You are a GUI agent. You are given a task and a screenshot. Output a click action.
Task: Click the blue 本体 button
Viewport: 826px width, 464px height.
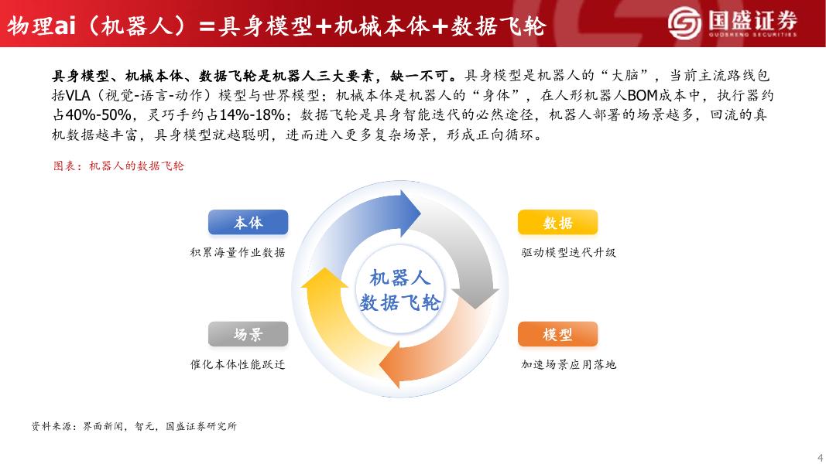click(x=248, y=222)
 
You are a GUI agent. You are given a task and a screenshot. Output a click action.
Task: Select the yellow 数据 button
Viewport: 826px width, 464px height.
click(x=558, y=222)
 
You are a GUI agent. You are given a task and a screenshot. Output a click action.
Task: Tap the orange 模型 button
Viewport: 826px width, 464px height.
click(x=558, y=334)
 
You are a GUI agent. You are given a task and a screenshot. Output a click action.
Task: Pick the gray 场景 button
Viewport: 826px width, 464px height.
click(x=248, y=334)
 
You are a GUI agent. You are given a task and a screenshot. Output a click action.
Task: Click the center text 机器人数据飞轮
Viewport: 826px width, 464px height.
click(x=399, y=290)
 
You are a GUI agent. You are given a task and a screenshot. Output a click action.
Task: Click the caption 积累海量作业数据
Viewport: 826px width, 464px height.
click(x=238, y=253)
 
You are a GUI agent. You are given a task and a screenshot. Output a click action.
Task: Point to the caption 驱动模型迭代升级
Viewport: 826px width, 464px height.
click(x=568, y=253)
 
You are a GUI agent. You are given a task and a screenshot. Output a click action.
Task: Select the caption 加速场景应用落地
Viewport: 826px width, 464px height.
click(x=568, y=364)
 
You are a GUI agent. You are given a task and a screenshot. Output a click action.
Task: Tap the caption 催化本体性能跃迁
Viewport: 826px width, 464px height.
click(x=238, y=364)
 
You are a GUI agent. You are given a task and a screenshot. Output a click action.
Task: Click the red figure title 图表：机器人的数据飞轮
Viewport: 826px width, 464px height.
click(x=118, y=165)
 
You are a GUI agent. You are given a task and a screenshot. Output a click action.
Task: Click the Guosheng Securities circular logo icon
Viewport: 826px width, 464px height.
click(x=684, y=22)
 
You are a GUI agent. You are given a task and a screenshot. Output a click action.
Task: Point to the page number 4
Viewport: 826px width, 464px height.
click(x=820, y=456)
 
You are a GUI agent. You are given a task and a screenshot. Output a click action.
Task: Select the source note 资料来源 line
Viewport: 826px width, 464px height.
click(x=134, y=426)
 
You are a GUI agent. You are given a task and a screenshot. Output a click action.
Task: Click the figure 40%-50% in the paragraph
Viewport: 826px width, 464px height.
click(x=98, y=114)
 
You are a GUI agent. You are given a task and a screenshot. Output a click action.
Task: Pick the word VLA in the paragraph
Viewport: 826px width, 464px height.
click(x=78, y=95)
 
